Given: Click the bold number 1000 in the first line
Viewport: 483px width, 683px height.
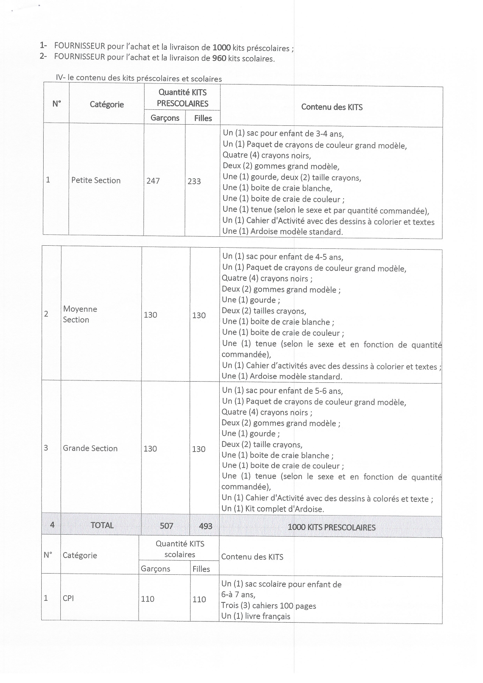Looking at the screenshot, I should pyautogui.click(x=221, y=48).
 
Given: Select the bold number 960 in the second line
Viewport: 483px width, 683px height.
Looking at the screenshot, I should pyautogui.click(x=219, y=58).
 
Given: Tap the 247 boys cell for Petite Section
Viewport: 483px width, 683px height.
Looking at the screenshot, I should pyautogui.click(x=153, y=181).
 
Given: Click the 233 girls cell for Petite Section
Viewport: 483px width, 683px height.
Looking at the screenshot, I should pyautogui.click(x=194, y=181).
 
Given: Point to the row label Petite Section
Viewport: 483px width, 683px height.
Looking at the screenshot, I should pyautogui.click(x=96, y=180).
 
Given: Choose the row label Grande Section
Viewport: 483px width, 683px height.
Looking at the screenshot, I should pyautogui.click(x=90, y=448).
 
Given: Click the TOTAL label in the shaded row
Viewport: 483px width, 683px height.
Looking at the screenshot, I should pyautogui.click(x=102, y=525).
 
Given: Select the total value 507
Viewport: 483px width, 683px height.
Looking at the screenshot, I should pyautogui.click(x=166, y=526).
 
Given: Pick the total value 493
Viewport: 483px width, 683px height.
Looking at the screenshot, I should pyautogui.click(x=206, y=526).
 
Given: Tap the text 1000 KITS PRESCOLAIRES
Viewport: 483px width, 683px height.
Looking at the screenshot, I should pyautogui.click(x=331, y=527).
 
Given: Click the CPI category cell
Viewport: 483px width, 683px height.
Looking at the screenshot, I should pyautogui.click(x=68, y=598).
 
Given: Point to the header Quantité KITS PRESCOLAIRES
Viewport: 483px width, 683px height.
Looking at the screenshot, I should pyautogui.click(x=182, y=98).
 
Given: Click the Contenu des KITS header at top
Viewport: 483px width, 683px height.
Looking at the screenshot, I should pyautogui.click(x=332, y=107).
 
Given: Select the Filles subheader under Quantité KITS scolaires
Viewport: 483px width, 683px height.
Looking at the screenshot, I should pyautogui.click(x=201, y=569).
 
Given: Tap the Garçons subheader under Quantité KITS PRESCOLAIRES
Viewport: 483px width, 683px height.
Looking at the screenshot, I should pyautogui.click(x=165, y=118).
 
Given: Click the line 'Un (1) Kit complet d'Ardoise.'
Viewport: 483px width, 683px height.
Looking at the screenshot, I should pyautogui.click(x=273, y=509).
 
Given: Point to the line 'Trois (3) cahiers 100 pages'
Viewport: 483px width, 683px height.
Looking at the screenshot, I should pyautogui.click(x=268, y=606).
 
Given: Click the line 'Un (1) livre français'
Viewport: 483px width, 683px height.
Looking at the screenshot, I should pyautogui.click(x=256, y=616).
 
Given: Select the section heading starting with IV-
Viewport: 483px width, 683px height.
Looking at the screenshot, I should pyautogui.click(x=139, y=78).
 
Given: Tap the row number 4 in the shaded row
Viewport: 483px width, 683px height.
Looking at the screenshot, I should pyautogui.click(x=52, y=525).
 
